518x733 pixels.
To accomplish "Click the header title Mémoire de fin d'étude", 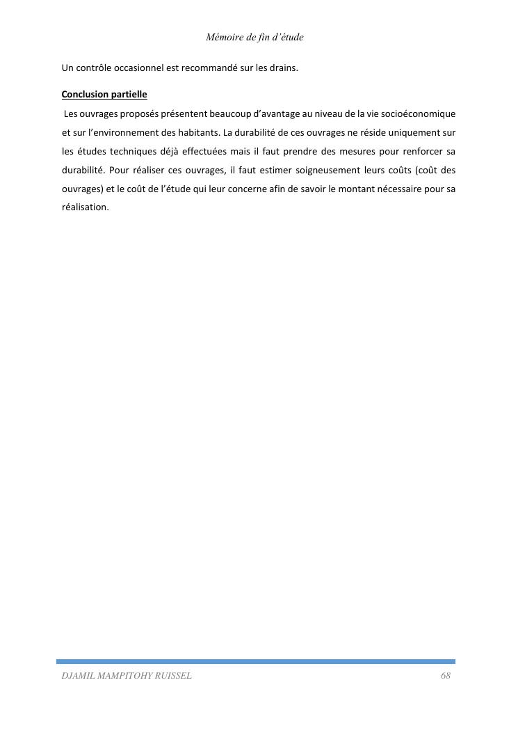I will click(254, 37).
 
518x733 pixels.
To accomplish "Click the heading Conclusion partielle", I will click(104, 94).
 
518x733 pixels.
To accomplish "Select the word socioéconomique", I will click(419, 113).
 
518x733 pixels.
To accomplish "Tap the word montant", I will click(357, 189).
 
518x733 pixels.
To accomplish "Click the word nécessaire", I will click(402, 189).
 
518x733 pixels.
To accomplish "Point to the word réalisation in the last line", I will click(85, 207).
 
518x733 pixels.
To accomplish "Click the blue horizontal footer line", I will click(256, 661).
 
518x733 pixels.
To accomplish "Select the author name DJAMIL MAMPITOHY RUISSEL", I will click(127, 676).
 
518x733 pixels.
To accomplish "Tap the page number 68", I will click(446, 676).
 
